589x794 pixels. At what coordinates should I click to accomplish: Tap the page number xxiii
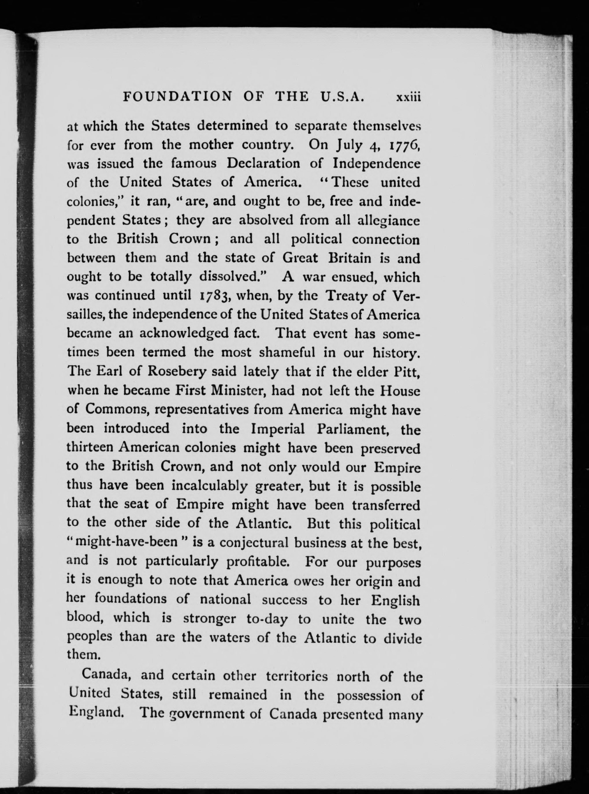tap(408, 97)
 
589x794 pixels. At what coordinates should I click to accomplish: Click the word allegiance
tap(389, 221)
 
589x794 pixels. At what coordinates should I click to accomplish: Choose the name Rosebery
tap(177, 371)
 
